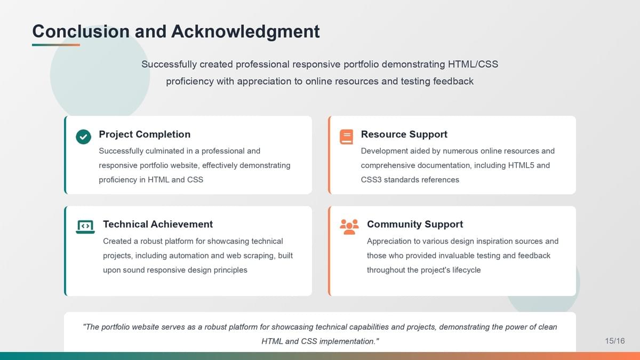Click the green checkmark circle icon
pos(83,137)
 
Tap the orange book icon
pos(346,137)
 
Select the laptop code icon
pos(85,227)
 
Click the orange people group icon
pos(349,227)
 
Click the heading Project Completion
pos(145,134)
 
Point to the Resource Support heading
pos(404,134)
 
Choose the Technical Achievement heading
pos(158,225)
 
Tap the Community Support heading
pos(415,225)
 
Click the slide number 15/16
pos(615,341)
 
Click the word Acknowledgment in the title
pos(245,31)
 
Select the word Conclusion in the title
pos(81,31)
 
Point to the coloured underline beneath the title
pos(56,45)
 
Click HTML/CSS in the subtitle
pos(473,65)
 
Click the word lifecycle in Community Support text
pos(467,270)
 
